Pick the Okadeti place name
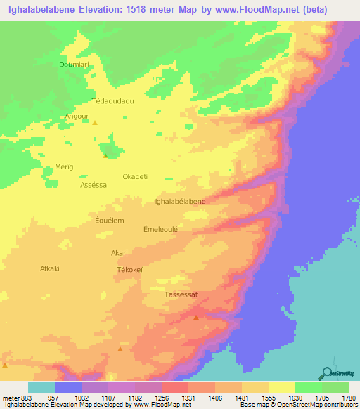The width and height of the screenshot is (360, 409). pyautogui.click(x=135, y=176)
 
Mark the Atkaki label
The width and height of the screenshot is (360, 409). pyautogui.click(x=50, y=268)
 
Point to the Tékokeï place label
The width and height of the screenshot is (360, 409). pyautogui.click(x=129, y=270)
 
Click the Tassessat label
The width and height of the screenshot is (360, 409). pyautogui.click(x=181, y=295)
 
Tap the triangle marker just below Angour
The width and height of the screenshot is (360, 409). pyautogui.click(x=96, y=124)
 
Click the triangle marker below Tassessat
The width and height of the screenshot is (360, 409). pyautogui.click(x=195, y=316)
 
